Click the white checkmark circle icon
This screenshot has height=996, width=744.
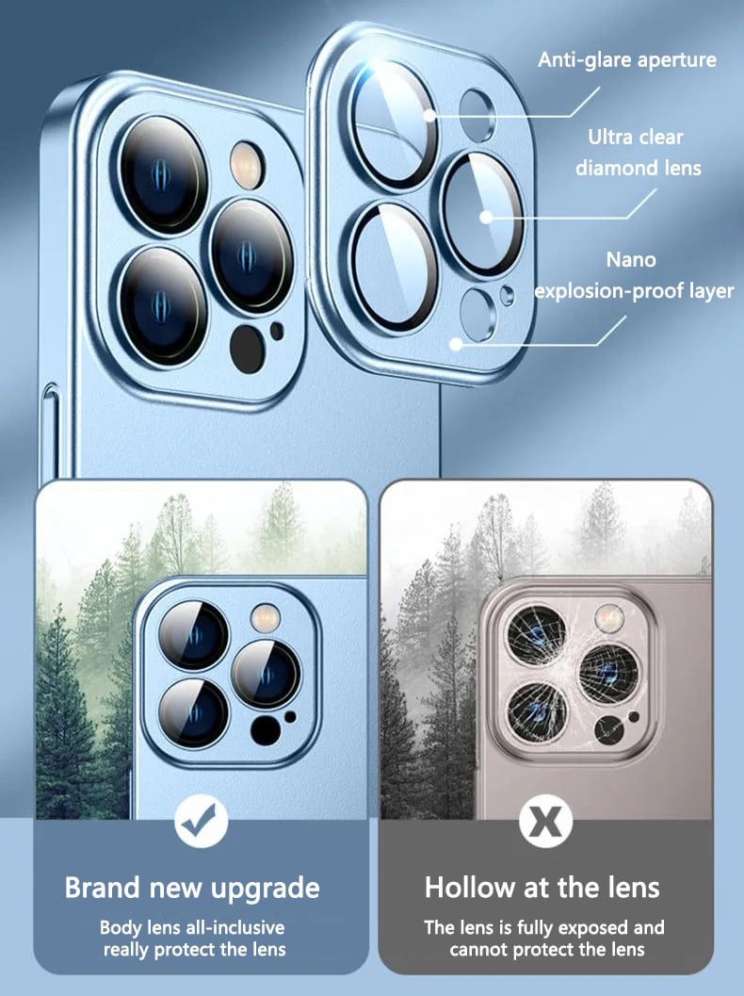202,821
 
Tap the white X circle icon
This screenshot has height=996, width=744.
546,821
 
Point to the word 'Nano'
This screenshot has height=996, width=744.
631,260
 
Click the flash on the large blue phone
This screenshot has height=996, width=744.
247,165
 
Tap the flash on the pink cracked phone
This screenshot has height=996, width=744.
609,618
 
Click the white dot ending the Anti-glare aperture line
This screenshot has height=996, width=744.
429,116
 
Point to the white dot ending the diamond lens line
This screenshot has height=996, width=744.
486,218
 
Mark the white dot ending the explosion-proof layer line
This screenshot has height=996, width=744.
456,344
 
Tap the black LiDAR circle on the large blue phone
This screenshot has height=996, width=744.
247,349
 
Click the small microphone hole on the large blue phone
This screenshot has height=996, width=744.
277,331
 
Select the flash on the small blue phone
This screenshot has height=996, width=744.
266,618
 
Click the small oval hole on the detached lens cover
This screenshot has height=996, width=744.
507,295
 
